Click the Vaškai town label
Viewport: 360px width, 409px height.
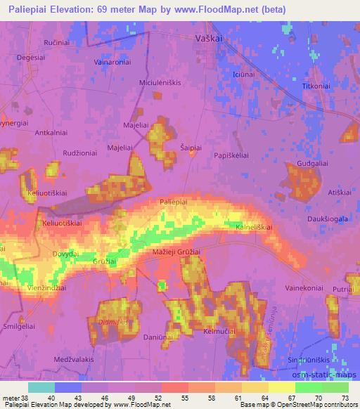pos(208,39)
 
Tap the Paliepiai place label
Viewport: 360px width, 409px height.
pos(173,202)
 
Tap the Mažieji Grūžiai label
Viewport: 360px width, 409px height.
pos(176,252)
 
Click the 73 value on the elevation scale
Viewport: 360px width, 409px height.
pos(344,398)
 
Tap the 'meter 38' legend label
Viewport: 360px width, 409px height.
pos(14,398)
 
